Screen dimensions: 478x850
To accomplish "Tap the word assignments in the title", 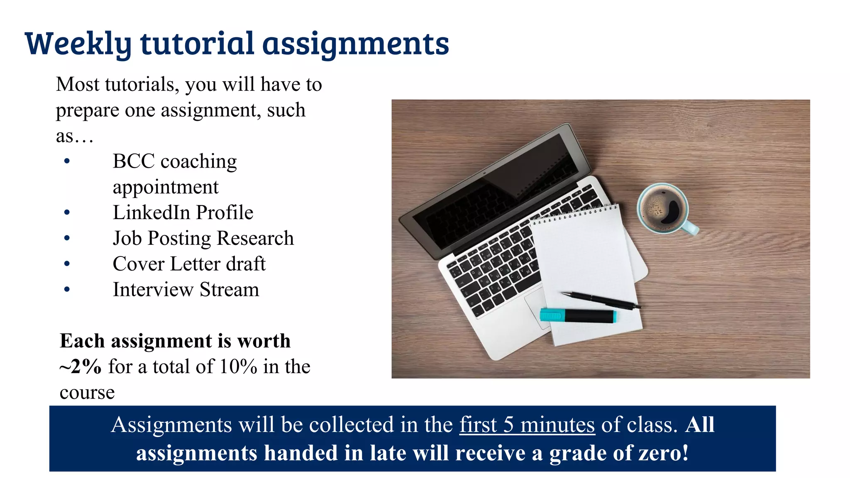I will coord(356,44).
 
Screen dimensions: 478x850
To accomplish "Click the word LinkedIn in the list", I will coord(151,212).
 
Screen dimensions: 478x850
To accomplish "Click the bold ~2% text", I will coord(81,367).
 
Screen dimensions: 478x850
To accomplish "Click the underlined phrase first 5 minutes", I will coord(527,425).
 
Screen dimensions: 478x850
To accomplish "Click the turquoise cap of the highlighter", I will coord(552,315).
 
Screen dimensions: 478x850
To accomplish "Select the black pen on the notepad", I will coord(600,300).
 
